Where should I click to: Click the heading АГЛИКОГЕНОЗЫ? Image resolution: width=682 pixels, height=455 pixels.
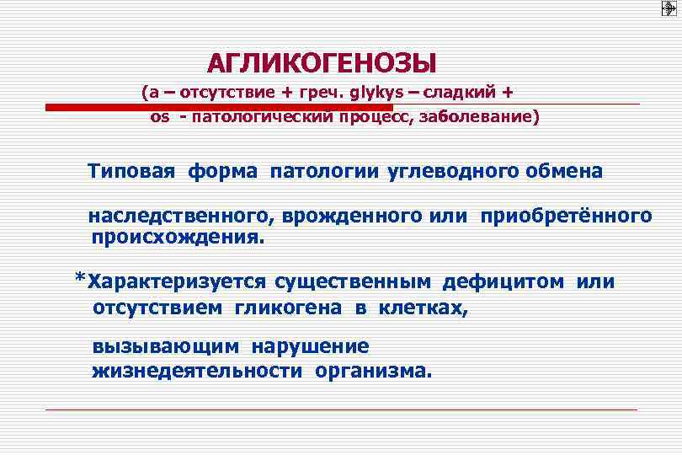click(x=322, y=63)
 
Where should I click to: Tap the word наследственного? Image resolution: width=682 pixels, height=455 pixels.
click(x=178, y=217)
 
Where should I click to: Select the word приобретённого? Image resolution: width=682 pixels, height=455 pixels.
click(x=566, y=217)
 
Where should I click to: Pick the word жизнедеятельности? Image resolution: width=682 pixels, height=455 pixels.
click(x=200, y=372)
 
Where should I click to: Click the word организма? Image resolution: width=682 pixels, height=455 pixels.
click(x=373, y=372)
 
